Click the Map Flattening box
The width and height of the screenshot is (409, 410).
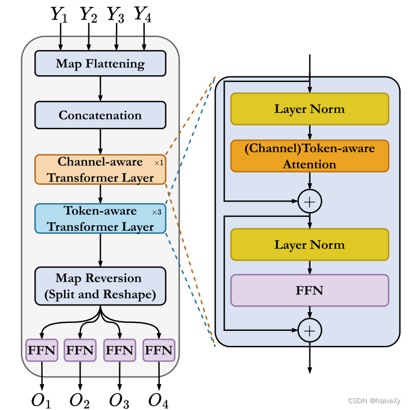click(x=100, y=63)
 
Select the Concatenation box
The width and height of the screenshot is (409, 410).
click(x=100, y=115)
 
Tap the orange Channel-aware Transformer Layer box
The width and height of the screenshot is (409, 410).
click(x=100, y=169)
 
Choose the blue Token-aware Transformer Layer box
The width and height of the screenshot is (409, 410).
click(x=100, y=218)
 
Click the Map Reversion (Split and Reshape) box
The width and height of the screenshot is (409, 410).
click(x=100, y=286)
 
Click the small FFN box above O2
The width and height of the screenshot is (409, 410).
click(x=80, y=350)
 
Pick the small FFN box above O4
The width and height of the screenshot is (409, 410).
click(x=159, y=350)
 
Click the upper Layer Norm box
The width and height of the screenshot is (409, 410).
click(x=309, y=108)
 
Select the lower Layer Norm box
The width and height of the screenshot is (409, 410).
click(x=309, y=244)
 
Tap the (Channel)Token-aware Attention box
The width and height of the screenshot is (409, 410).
click(x=309, y=156)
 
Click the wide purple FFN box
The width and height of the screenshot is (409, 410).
click(x=309, y=290)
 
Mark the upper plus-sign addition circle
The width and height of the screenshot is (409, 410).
click(x=309, y=201)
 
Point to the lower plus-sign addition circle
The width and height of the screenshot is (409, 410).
click(x=309, y=330)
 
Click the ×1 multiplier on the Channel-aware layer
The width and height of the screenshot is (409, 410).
click(x=158, y=163)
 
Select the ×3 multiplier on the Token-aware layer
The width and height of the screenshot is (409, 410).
click(x=156, y=212)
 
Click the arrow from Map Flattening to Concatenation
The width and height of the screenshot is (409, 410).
click(x=100, y=88)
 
